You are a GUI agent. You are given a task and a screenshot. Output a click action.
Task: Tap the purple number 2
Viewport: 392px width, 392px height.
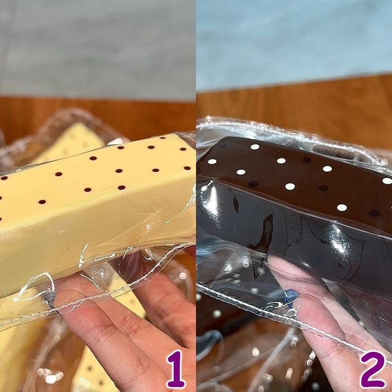tap(372, 369)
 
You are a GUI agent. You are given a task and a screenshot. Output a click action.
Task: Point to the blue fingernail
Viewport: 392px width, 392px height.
tap(291, 298)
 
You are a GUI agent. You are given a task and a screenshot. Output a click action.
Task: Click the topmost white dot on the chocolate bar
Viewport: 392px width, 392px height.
tap(255, 147)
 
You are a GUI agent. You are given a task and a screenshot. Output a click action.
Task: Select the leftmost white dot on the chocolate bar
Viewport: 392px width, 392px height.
tap(212, 162)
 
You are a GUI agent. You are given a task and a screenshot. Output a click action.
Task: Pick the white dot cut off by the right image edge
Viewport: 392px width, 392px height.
tap(387, 180)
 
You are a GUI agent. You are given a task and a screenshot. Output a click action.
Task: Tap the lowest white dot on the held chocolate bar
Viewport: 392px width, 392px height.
tap(342, 207)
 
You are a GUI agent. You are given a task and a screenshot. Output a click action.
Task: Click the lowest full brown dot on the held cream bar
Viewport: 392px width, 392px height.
tap(42, 202)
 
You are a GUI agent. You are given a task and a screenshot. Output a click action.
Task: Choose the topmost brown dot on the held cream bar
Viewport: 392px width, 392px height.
tap(163, 138)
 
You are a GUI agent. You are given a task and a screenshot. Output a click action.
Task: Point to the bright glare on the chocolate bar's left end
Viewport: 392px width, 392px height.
tap(212, 200)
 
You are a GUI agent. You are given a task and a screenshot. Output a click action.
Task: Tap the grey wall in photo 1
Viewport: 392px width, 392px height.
tap(98, 48)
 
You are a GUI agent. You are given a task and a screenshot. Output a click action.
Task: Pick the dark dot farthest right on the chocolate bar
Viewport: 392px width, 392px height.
tap(374, 213)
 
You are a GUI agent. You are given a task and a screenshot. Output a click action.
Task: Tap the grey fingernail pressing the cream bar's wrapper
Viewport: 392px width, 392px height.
tap(50, 299)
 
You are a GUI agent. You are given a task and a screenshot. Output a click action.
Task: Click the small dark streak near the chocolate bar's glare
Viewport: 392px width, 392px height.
tap(236, 204)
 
